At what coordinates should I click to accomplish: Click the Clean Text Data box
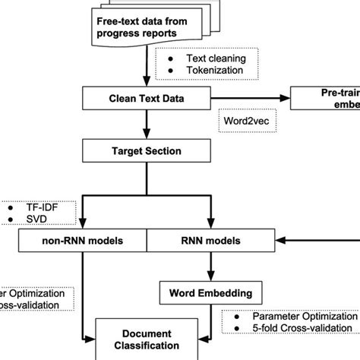[145, 97]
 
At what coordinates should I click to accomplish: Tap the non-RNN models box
[81, 242]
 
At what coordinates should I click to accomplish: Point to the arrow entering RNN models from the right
[311, 242]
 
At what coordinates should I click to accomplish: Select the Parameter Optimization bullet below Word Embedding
[292, 314]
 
